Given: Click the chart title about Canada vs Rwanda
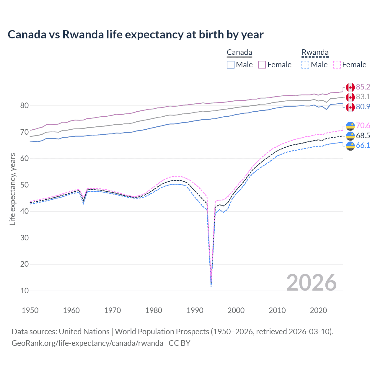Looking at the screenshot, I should (136, 35).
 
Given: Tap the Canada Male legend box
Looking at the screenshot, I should (231, 65).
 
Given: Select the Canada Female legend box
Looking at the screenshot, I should (262, 65).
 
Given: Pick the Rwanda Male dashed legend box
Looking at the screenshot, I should (305, 65).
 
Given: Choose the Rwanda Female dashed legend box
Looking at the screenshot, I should (337, 65).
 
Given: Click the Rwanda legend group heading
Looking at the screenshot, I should (315, 53).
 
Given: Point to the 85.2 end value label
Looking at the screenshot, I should (363, 87).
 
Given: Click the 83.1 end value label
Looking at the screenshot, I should (363, 97).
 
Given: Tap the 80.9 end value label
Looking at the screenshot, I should (363, 107).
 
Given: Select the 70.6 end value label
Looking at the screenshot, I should (363, 126).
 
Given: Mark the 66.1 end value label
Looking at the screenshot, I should (363, 145).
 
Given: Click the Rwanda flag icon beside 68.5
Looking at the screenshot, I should (350, 136).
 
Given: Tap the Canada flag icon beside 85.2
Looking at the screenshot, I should (350, 87).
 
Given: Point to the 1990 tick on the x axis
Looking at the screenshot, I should (195, 310).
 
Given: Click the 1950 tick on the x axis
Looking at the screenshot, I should (30, 310).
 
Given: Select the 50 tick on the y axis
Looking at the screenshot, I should (25, 185).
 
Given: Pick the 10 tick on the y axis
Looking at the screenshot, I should (25, 291).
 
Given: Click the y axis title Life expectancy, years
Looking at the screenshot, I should (12, 189).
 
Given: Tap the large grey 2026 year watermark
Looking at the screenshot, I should (311, 283).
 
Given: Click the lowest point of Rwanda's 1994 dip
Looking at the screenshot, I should (211, 286).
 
